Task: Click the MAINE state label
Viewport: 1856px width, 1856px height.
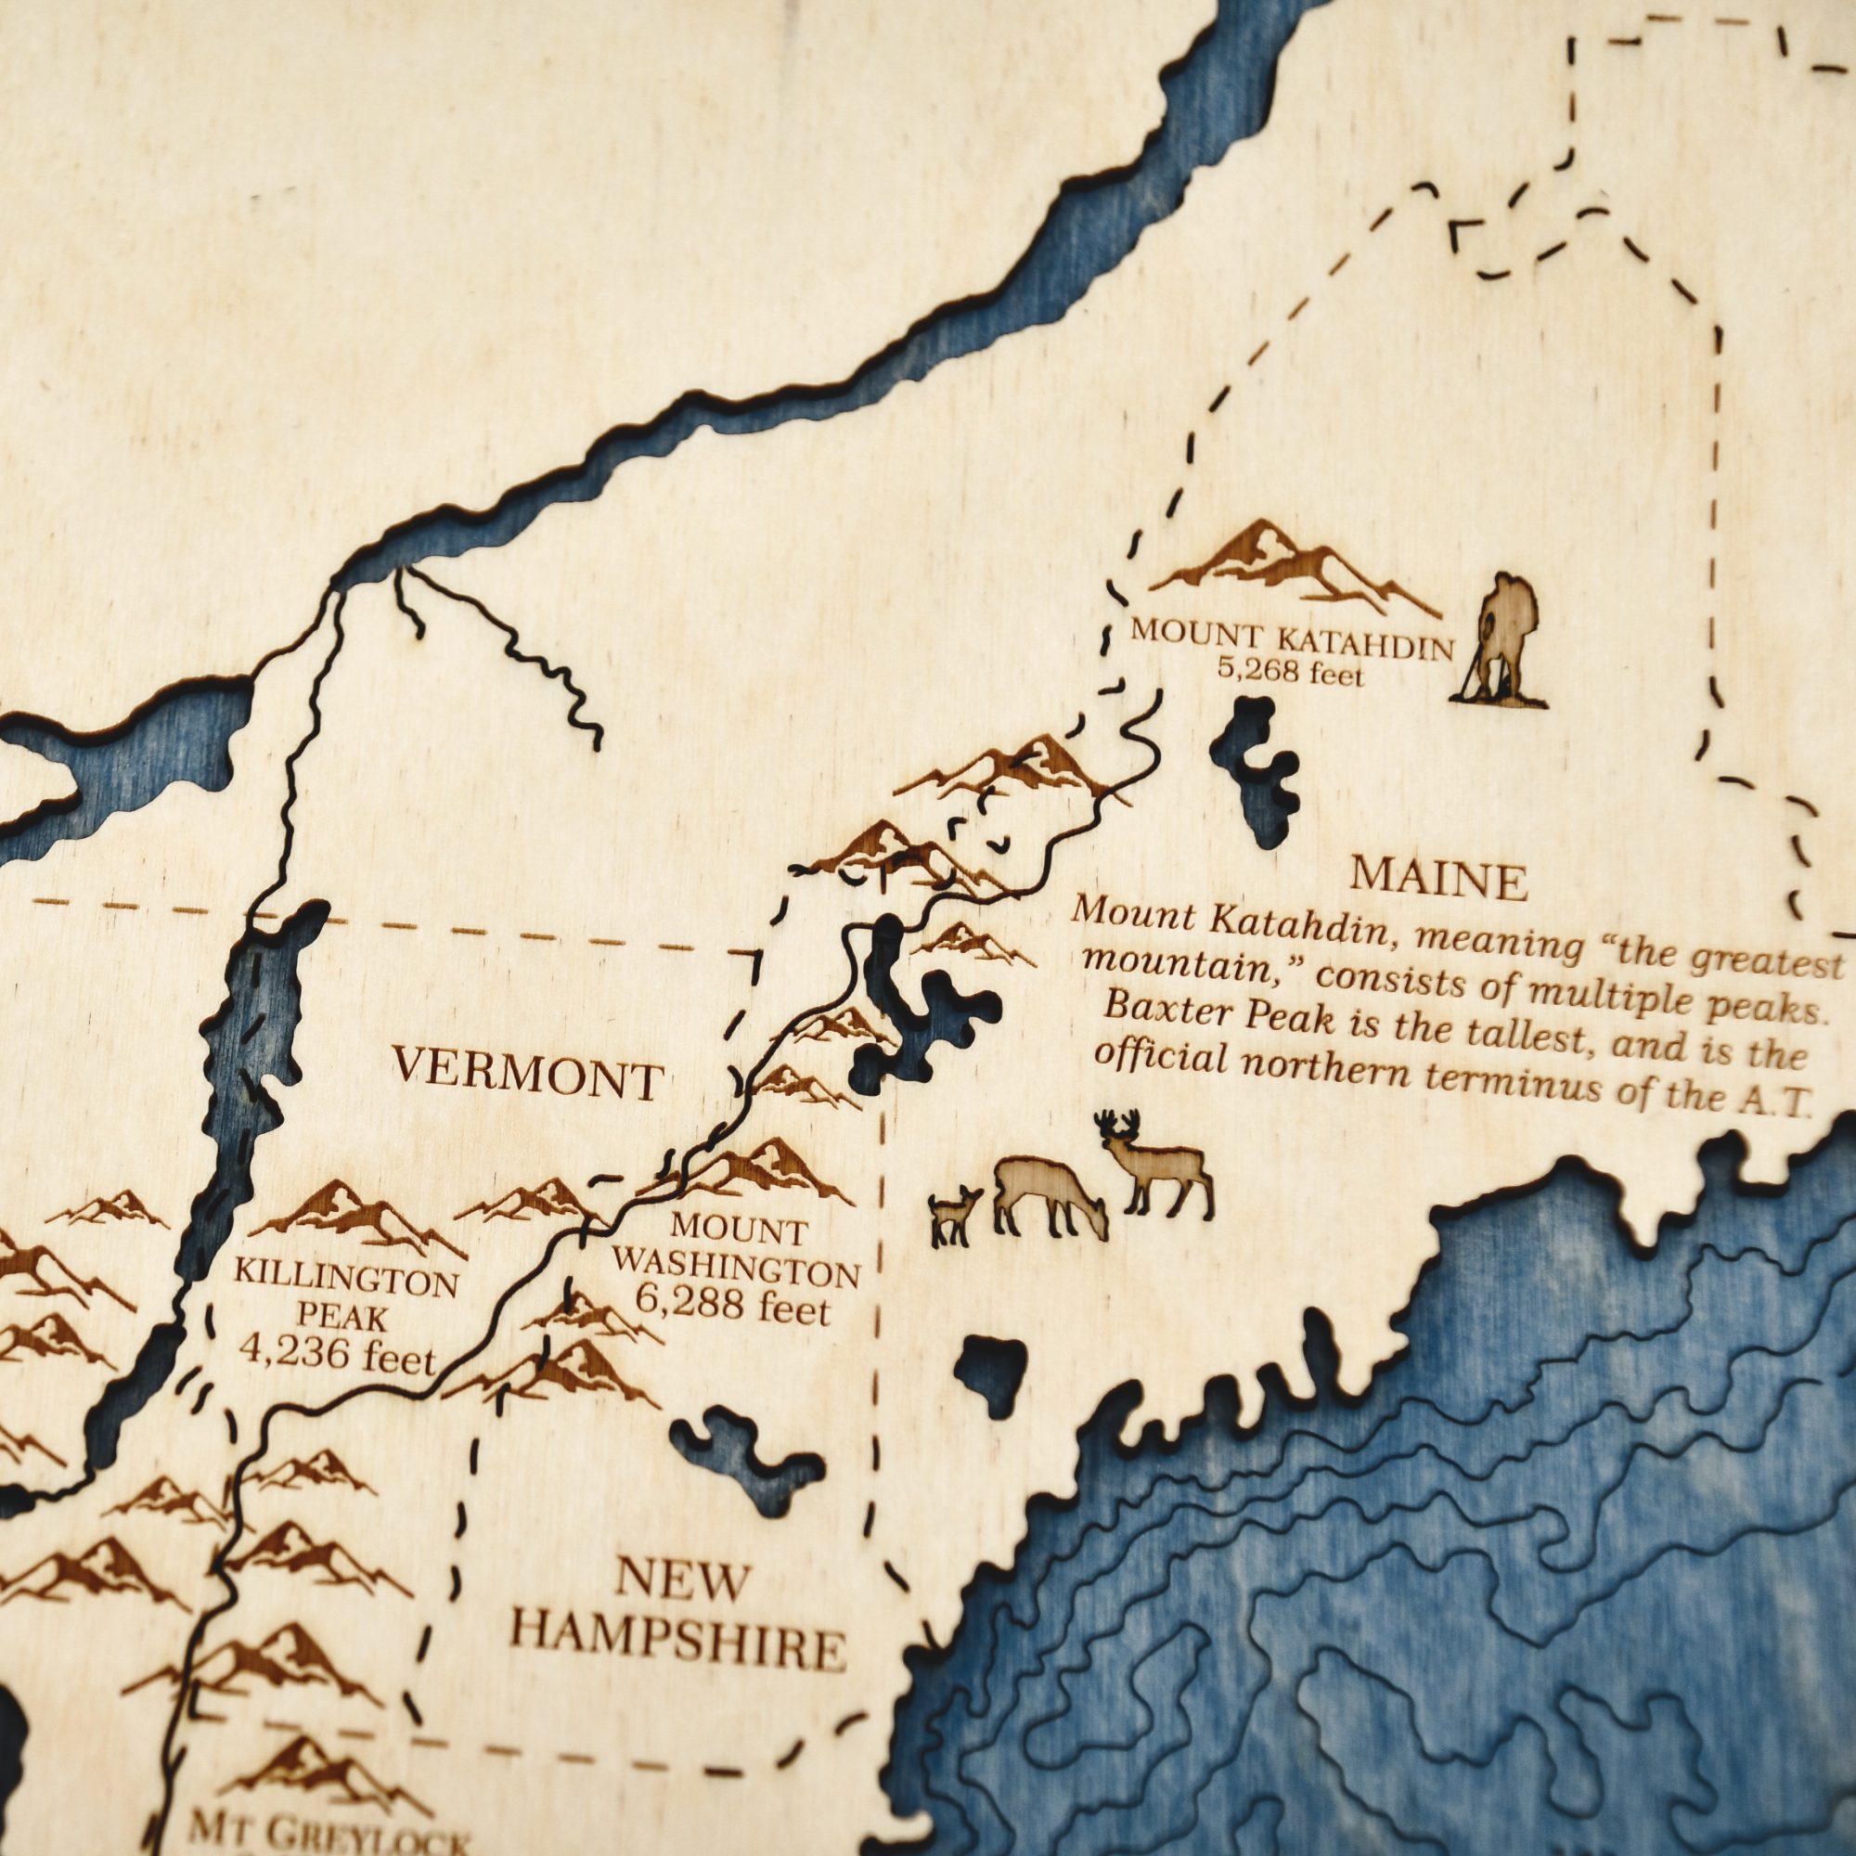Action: [1438, 878]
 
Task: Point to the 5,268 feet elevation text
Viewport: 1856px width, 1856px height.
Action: [1290, 672]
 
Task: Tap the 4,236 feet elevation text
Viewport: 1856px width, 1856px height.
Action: [337, 1356]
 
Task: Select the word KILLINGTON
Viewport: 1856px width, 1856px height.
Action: [347, 1282]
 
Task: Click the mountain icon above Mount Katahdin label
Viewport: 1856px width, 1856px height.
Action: [1292, 567]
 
